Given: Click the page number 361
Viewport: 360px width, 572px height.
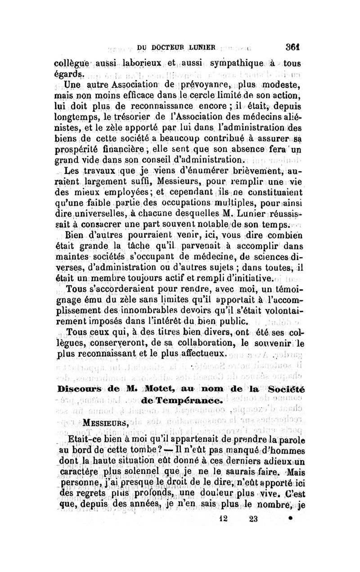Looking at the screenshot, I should click(292, 47).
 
